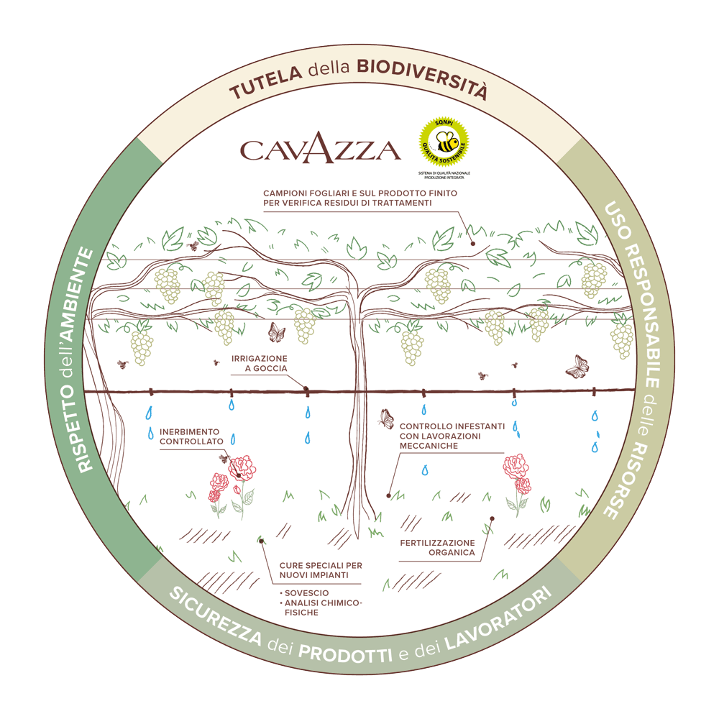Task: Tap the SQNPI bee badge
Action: (x=444, y=142)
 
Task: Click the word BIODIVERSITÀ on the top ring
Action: (x=423, y=77)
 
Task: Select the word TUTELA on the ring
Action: (x=265, y=83)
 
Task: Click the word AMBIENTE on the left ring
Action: (x=78, y=294)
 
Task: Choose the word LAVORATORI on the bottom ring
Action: (x=498, y=617)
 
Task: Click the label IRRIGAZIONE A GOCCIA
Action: (x=259, y=363)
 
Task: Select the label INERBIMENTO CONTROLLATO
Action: (x=191, y=436)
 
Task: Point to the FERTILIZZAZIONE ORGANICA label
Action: (x=437, y=547)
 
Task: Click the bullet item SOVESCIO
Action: (x=304, y=593)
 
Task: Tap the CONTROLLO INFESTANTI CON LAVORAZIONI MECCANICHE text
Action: (x=452, y=436)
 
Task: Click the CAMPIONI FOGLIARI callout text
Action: (x=360, y=198)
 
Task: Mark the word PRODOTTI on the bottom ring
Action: (x=345, y=654)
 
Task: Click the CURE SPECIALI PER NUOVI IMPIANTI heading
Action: (x=321, y=570)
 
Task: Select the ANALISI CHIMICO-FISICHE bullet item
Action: (x=321, y=608)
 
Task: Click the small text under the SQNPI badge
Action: (x=444, y=175)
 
